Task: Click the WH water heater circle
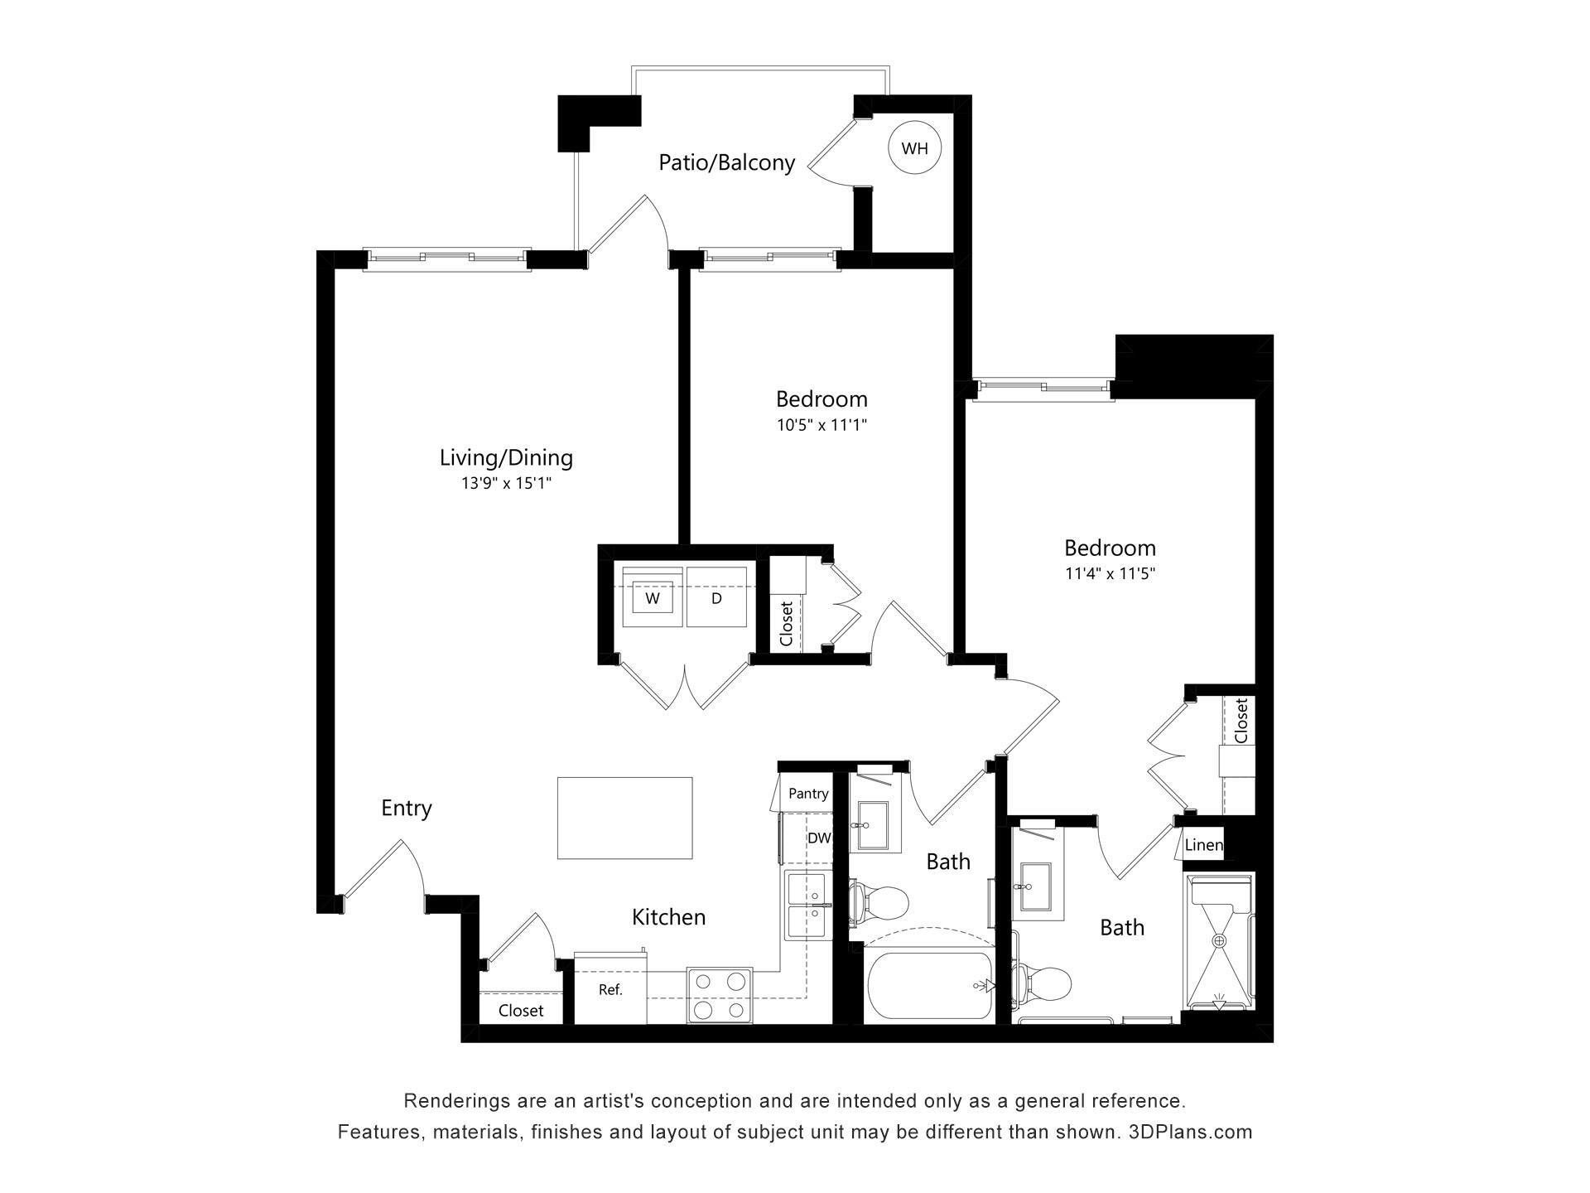pos(914,149)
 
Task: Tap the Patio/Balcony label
pos(726,162)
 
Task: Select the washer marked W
pos(653,597)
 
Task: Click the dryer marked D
pos(716,597)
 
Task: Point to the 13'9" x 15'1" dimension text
pos(506,483)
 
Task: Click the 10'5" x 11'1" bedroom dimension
pos(821,425)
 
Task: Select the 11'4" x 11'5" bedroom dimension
pos(1110,573)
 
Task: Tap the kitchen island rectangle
pos(624,818)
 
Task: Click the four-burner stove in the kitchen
pos(719,995)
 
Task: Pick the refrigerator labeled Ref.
pos(610,990)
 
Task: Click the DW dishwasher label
pos(818,838)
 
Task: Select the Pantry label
pos(807,794)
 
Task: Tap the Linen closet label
pos(1202,845)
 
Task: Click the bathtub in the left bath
pos(928,986)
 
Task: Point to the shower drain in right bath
pos(1219,941)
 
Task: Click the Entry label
pos(406,808)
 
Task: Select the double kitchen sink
pos(807,906)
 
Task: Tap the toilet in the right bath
pos(1045,983)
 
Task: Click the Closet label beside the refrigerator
pos(521,1011)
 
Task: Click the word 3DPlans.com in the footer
pos(1190,1132)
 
